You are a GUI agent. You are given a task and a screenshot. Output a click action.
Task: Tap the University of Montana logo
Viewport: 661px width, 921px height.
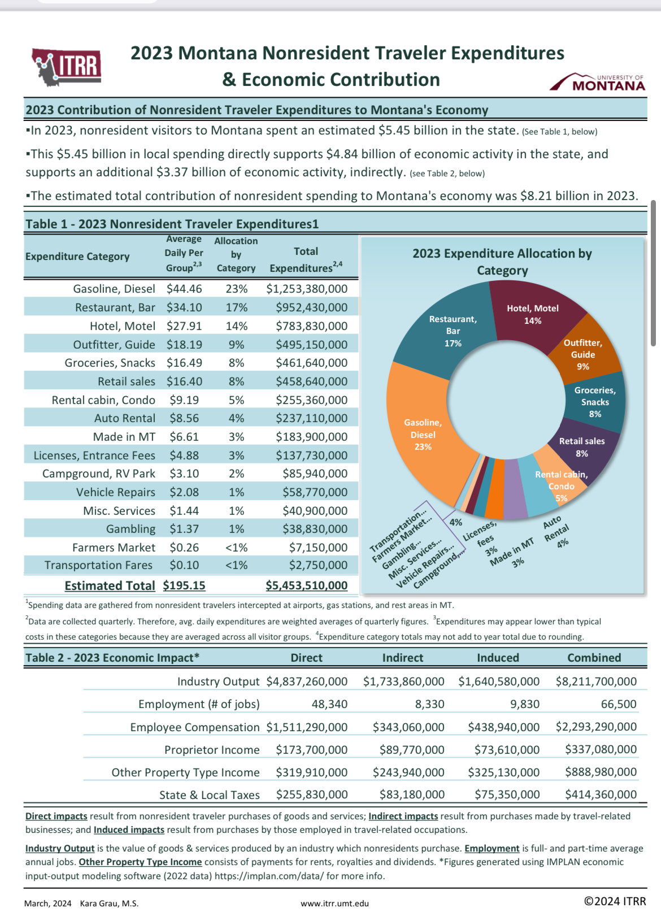point(597,82)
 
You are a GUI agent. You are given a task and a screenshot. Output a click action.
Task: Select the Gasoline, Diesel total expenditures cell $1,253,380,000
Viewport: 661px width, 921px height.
point(307,289)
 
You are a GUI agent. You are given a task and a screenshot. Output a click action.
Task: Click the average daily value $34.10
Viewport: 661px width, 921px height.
point(184,307)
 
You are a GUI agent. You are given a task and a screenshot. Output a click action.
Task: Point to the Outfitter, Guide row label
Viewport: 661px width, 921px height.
point(114,345)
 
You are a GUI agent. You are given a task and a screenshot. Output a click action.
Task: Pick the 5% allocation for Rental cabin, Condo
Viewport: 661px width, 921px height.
point(236,400)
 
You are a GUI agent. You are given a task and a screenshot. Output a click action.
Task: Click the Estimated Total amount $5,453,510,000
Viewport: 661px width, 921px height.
point(307,585)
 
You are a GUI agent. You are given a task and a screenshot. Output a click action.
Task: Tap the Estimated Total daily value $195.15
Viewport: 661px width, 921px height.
point(184,585)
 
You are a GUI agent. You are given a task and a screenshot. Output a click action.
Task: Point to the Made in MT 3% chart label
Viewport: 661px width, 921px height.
point(512,553)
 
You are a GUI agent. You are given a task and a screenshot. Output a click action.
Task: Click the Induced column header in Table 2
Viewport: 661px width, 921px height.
point(498,658)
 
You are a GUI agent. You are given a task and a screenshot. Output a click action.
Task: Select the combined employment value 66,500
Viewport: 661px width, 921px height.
point(619,704)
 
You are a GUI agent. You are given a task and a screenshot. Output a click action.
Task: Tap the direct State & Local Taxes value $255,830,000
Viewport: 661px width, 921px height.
point(312,794)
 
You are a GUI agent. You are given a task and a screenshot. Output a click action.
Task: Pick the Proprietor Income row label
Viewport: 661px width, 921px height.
point(212,750)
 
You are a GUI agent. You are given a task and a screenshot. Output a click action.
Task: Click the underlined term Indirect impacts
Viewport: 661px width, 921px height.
point(403,816)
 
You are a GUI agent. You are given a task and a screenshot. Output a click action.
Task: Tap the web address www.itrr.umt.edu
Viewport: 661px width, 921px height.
point(334,903)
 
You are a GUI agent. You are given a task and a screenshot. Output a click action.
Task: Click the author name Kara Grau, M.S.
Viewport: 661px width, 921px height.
point(109,903)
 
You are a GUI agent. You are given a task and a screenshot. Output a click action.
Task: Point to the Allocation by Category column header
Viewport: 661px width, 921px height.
point(236,254)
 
